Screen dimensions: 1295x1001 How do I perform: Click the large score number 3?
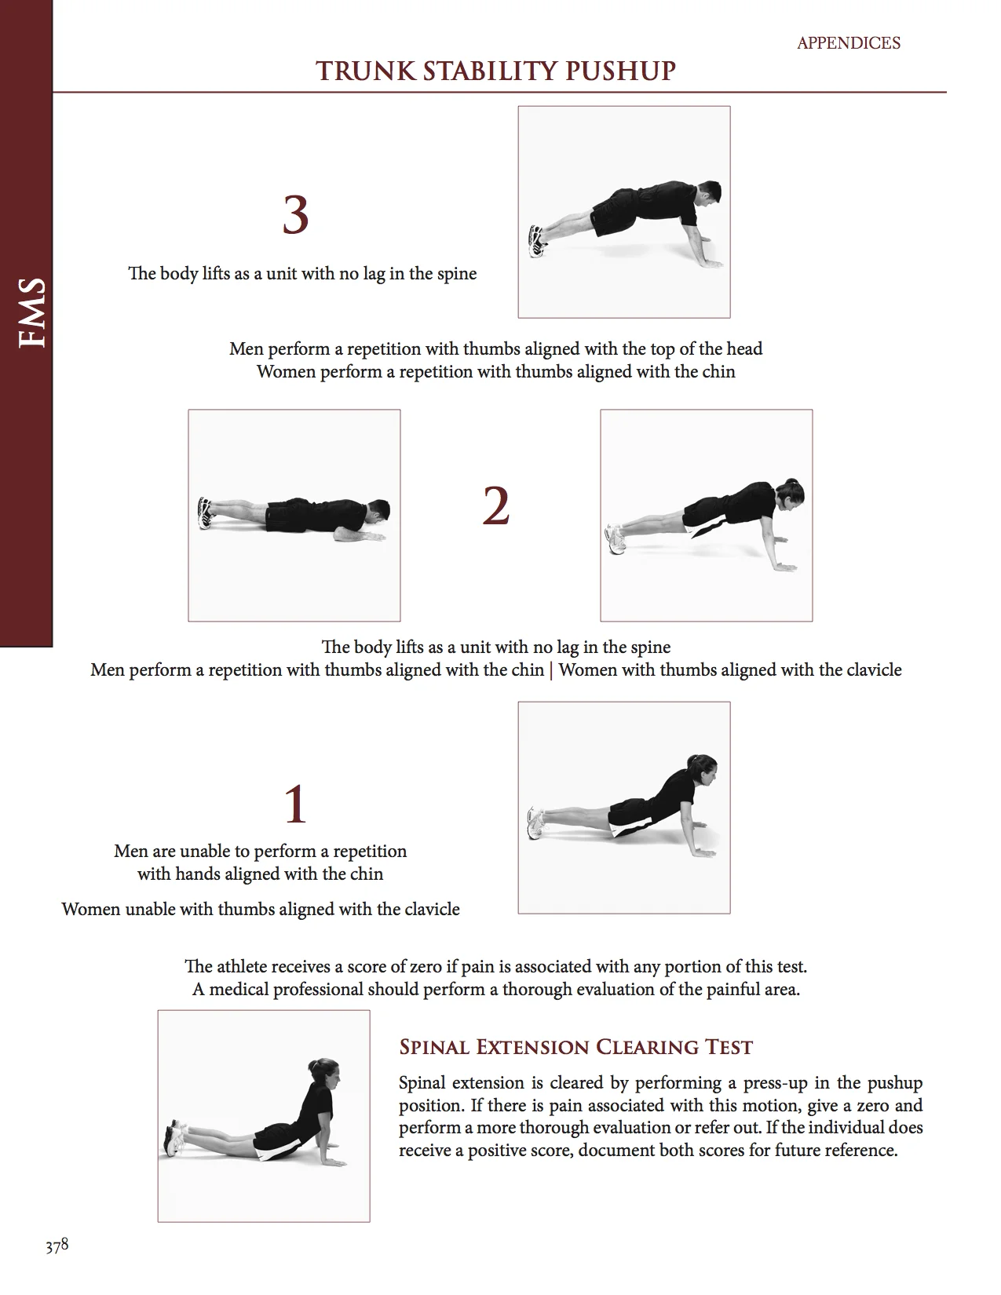[x=295, y=216]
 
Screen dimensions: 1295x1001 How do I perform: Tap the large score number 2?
[x=495, y=506]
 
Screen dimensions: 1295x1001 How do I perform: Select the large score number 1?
[x=295, y=804]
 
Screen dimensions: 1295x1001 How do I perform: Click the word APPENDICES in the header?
[x=849, y=43]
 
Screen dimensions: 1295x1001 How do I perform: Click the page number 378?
[x=57, y=1246]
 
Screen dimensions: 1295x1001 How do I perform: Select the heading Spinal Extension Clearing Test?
[x=575, y=1047]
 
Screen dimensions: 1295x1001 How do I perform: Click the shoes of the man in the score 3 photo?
[x=537, y=240]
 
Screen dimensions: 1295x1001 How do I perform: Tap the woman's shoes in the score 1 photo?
[x=536, y=823]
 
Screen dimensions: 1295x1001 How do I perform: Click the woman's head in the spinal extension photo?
[x=323, y=1074]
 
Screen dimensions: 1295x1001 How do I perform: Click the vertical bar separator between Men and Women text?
[x=551, y=670]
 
